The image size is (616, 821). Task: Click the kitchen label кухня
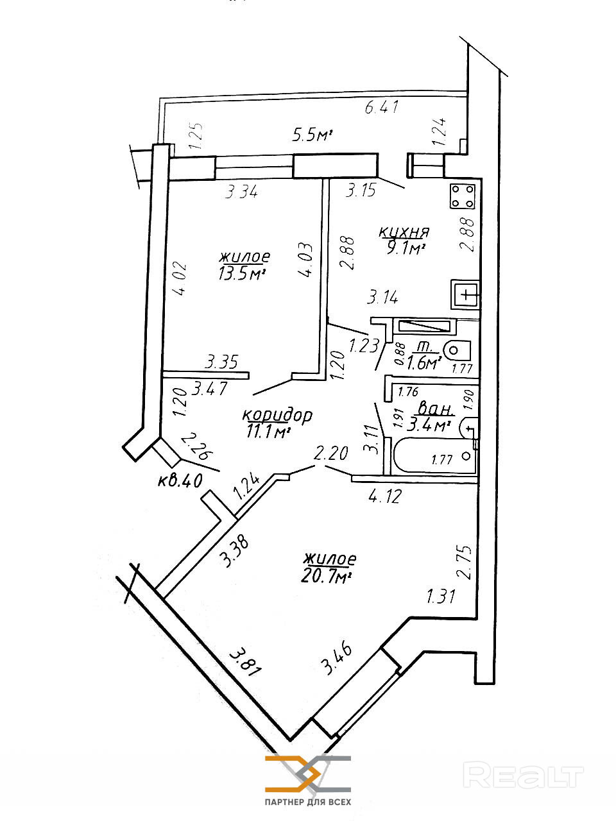coord(404,232)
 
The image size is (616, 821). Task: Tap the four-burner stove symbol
coord(463,196)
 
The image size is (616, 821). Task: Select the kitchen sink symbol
coord(465,295)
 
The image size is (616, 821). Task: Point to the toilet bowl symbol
coord(457,351)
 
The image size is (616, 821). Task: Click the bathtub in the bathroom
coord(432,455)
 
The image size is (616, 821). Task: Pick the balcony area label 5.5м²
coord(312,135)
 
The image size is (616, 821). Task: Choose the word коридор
coord(277,415)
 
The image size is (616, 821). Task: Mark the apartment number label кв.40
coord(180,480)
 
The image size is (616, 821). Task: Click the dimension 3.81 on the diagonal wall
coord(246,660)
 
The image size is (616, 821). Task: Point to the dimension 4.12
coord(384,495)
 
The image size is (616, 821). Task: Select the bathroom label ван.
coord(436,409)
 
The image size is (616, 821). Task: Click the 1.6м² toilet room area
coord(424,364)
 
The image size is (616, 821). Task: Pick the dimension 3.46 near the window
coord(338,658)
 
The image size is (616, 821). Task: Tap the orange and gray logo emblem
coord(308,774)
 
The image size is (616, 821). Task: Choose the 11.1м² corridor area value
coord(266,432)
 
